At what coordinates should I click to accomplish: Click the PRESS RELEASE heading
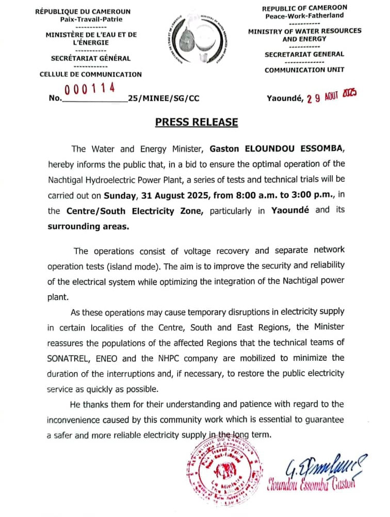click(x=197, y=122)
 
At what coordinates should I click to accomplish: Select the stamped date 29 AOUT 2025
click(x=331, y=96)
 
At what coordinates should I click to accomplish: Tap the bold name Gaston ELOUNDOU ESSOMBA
click(x=283, y=149)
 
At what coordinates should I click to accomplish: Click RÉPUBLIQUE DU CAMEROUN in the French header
click(x=83, y=11)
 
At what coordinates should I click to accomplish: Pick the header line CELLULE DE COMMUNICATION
click(x=90, y=74)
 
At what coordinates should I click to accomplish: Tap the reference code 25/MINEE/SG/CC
click(x=164, y=98)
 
